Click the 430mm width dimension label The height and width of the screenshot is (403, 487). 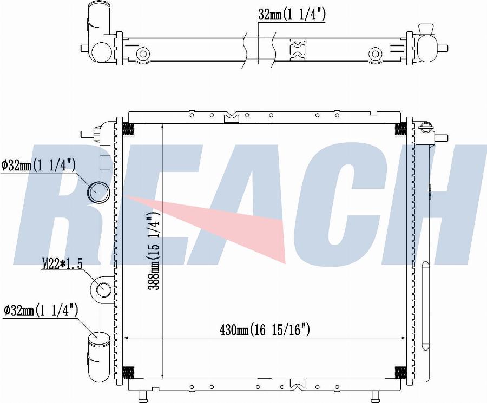click(265, 330)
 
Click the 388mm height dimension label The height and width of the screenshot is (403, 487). click(154, 251)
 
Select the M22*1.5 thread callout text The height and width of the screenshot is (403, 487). click(62, 264)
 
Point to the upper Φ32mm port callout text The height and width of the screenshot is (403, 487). click(38, 166)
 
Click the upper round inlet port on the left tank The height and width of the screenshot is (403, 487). click(98, 192)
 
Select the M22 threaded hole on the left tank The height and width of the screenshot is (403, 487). click(103, 290)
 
